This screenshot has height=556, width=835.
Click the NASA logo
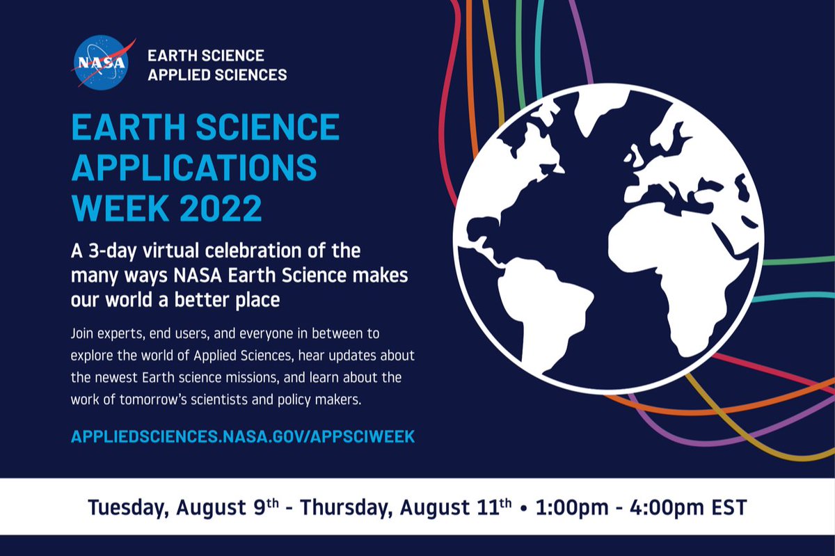[x=100, y=63]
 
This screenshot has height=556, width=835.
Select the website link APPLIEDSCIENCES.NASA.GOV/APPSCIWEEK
[x=243, y=436]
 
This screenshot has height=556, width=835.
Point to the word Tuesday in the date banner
[x=127, y=507]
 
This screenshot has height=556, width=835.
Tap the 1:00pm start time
[x=567, y=507]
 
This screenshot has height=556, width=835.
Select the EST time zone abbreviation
[x=727, y=507]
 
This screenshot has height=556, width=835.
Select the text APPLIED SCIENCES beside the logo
[x=217, y=74]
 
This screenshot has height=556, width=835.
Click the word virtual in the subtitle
[x=177, y=250]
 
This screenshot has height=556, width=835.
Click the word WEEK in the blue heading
[x=111, y=207]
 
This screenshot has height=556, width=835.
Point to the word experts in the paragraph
[x=114, y=333]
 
